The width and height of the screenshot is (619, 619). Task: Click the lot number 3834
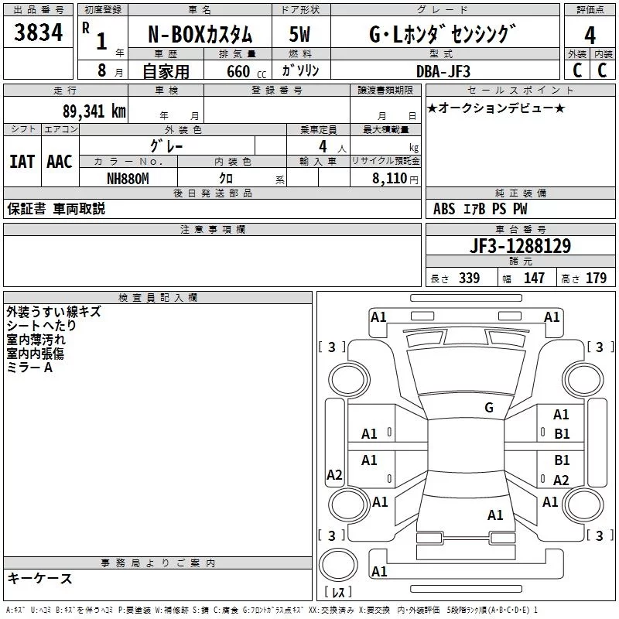click(38, 32)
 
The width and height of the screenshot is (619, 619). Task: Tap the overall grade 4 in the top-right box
click(590, 35)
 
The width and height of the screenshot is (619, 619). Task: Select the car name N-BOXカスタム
click(200, 35)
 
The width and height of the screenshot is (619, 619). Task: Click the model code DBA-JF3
click(443, 71)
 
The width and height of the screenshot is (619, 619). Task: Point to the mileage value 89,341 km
click(94, 111)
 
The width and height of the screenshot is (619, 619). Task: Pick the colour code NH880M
click(128, 179)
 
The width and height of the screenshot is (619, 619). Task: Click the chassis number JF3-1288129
click(520, 246)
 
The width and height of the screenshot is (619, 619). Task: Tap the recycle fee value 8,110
click(389, 178)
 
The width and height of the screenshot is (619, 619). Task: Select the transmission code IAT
click(22, 162)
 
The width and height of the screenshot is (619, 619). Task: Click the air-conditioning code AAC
click(60, 162)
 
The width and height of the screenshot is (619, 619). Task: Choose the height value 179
click(596, 278)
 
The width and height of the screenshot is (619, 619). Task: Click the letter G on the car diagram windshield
click(489, 408)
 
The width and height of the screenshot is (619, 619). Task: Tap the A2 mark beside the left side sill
click(334, 474)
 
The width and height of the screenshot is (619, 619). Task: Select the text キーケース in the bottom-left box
click(40, 578)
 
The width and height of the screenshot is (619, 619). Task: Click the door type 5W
click(299, 34)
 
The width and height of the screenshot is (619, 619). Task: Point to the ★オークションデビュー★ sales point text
click(496, 108)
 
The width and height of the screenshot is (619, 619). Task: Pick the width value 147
click(534, 278)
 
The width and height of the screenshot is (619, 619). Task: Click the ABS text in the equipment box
click(444, 209)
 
